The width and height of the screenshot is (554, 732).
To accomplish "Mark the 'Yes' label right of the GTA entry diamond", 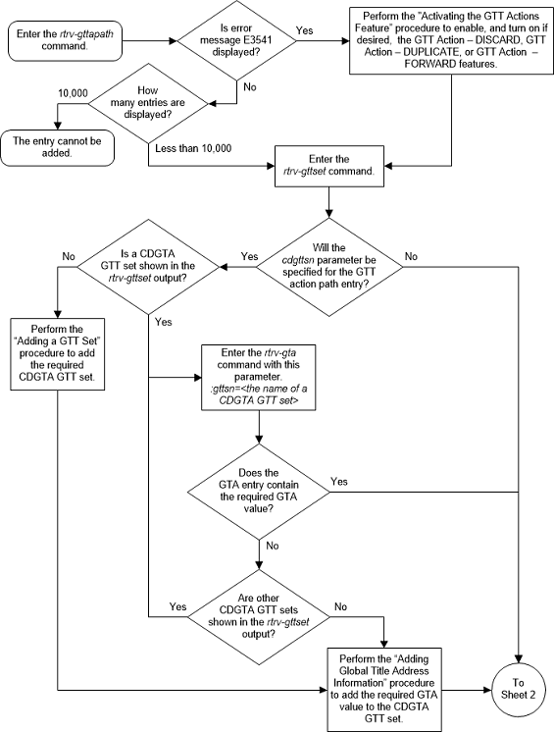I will click(339, 481).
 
